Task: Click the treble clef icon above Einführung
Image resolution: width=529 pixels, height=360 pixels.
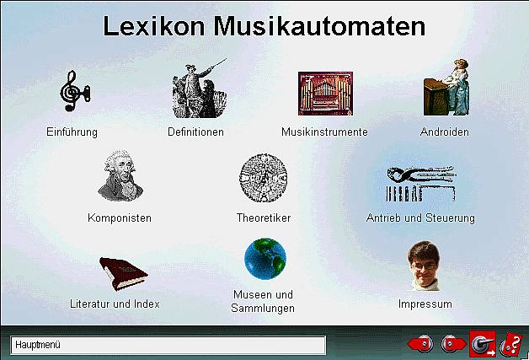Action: click(x=75, y=90)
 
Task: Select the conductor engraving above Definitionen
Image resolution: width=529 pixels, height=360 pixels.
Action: click(x=200, y=89)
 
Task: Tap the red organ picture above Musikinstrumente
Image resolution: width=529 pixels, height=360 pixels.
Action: click(x=325, y=94)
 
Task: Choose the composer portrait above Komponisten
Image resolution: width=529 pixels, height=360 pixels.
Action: click(x=120, y=175)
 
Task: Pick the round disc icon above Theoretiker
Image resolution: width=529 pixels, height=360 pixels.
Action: click(x=263, y=178)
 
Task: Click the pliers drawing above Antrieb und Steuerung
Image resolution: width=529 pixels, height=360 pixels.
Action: click(x=420, y=184)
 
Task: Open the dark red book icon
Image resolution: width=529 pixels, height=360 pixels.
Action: click(x=124, y=274)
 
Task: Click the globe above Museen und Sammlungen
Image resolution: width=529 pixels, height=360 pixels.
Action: click(x=265, y=259)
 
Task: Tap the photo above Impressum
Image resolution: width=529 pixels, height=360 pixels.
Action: click(x=424, y=266)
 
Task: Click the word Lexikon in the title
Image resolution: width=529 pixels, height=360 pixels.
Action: click(x=154, y=26)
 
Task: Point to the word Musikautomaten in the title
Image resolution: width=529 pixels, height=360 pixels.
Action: click(x=319, y=26)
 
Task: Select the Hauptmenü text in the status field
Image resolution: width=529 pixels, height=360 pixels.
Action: click(x=38, y=345)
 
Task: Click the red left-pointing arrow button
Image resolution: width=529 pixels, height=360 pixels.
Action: click(x=420, y=345)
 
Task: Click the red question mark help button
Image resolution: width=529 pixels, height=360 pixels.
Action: click(x=511, y=345)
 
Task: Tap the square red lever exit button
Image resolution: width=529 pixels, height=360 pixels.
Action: click(x=483, y=344)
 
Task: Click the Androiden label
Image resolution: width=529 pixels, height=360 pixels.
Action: click(x=444, y=132)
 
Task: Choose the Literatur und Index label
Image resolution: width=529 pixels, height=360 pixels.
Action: click(x=115, y=304)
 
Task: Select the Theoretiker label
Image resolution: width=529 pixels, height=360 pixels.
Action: click(x=264, y=218)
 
